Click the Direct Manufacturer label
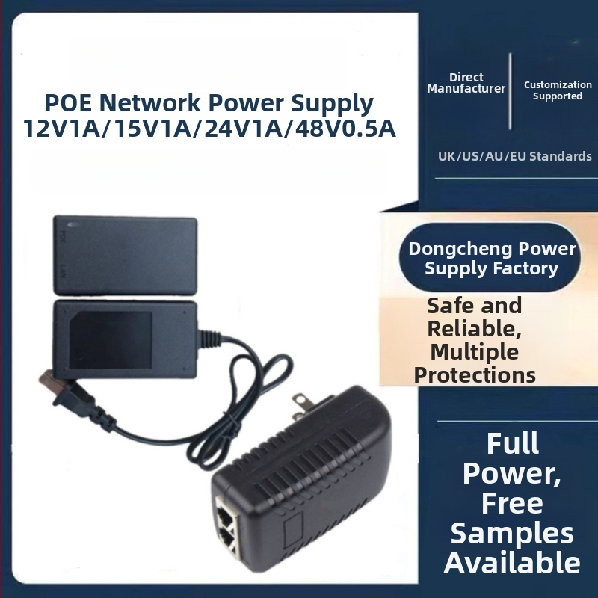click(466, 83)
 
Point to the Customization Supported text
click(557, 90)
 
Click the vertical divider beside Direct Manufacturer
click(511, 90)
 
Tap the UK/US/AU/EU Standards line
click(514, 156)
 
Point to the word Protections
click(475, 374)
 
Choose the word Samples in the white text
click(512, 533)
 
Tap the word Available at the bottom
click(512, 562)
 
